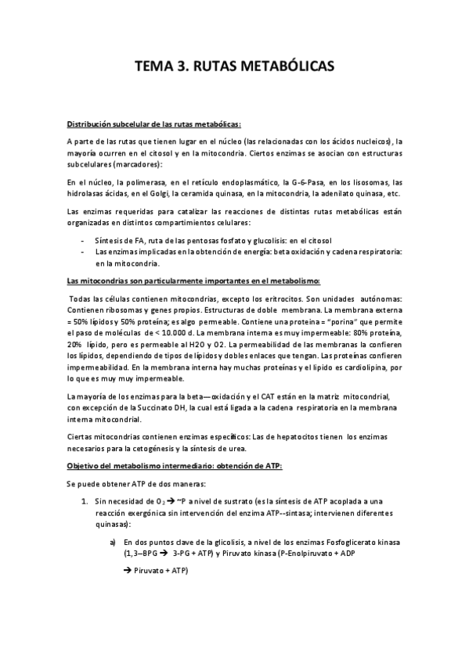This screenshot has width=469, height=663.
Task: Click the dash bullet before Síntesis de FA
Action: [83, 240]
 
